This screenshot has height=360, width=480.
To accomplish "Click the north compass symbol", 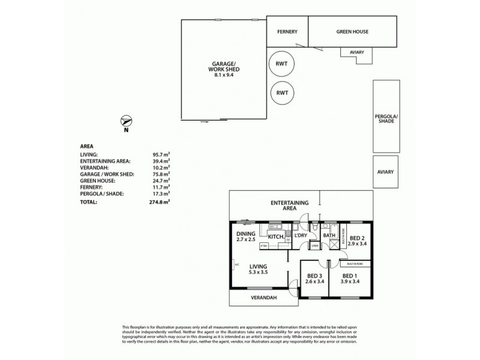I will pos(125,120).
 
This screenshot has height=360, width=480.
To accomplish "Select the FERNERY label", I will pos(287,32).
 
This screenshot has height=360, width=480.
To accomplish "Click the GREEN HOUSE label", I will pos(352,32).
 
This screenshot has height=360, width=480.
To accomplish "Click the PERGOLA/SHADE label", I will pos(386,118).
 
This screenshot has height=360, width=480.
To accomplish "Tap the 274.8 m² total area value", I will pos(159,202).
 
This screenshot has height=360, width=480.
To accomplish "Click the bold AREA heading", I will pos(86,146).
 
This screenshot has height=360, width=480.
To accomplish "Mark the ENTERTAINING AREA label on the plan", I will pos(289,206).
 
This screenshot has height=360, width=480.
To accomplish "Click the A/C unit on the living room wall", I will pos(236,264).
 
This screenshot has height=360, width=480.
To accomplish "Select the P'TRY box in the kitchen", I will pos(272,245).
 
